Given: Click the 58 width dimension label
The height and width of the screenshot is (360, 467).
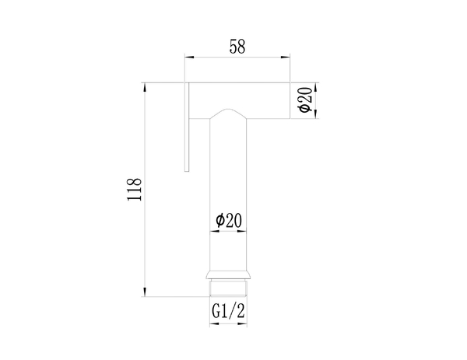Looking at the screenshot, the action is coord(237,47).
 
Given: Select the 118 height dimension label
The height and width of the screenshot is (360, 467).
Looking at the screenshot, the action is coord(134,190).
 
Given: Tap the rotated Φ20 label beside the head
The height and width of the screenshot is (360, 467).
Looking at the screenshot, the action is coord(305,100).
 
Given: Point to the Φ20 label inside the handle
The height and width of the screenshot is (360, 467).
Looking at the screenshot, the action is coord(229,220).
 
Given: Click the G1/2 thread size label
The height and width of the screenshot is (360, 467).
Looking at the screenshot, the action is coord(228,311).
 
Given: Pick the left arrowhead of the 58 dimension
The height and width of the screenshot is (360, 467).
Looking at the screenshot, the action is coord(189,57).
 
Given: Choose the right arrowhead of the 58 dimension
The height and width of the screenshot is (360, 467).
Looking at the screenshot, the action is coord(286,57).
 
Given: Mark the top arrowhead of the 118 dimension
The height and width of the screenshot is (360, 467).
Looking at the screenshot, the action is coord(145,87).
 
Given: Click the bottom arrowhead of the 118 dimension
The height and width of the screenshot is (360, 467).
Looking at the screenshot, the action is coord(145,292).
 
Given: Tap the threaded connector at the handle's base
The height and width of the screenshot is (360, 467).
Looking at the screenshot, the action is coord(228,288).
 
